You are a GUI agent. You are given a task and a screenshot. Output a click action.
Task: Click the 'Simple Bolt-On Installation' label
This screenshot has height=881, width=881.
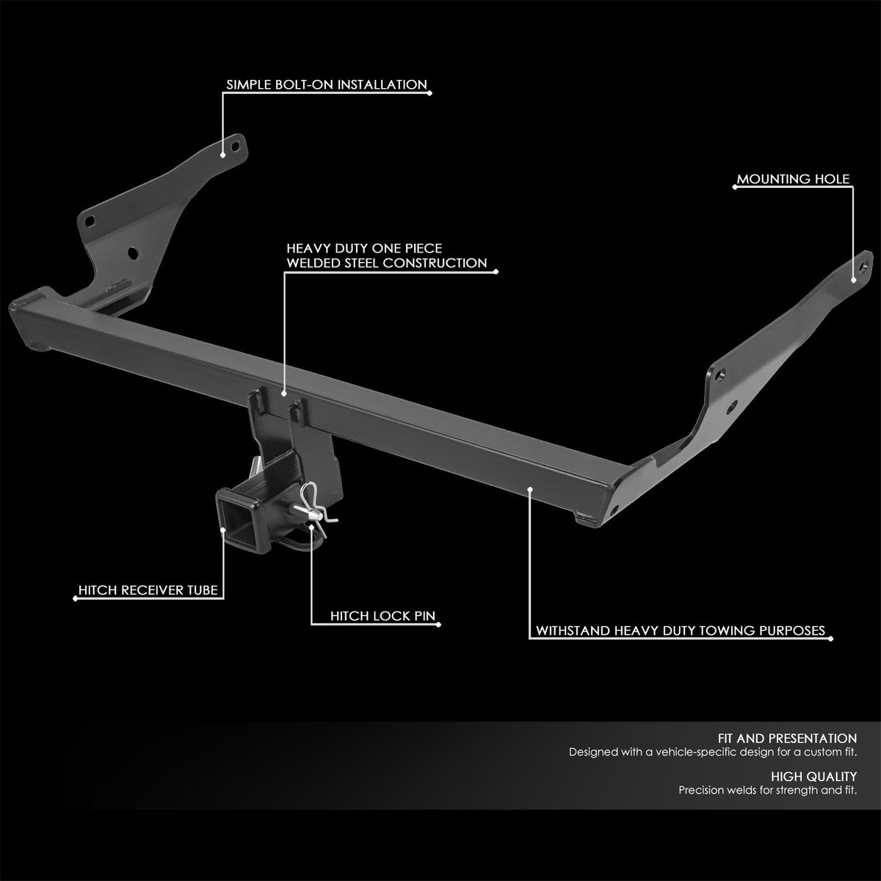[326, 84]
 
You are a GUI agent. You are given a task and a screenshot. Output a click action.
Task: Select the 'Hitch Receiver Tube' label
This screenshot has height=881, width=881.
[149, 590]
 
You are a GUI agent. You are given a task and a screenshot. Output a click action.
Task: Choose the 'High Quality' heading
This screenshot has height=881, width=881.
[813, 776]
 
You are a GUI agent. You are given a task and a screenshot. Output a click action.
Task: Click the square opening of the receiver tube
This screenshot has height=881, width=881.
[239, 513]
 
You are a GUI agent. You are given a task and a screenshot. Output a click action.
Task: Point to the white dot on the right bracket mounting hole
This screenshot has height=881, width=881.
[853, 280]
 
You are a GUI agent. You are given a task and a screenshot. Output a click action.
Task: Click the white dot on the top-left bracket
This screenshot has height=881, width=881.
[223, 154]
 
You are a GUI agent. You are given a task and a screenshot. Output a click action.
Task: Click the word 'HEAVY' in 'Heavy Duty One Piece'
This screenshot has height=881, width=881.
[308, 249]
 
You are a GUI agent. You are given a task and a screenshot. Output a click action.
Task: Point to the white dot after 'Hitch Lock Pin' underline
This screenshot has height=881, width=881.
[439, 626]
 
